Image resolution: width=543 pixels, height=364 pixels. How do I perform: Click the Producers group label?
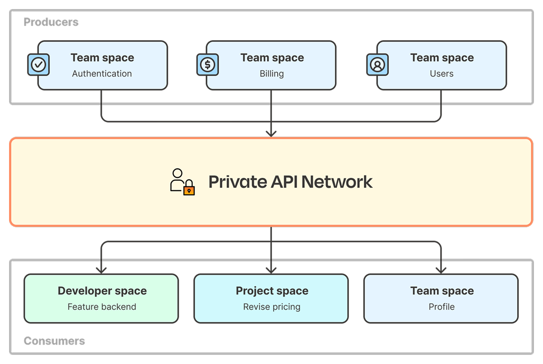(x=51, y=22)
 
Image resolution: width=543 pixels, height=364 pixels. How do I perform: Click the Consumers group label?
(x=54, y=341)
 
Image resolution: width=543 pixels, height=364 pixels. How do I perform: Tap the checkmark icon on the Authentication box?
(x=38, y=65)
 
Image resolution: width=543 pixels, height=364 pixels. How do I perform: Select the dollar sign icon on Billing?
(x=208, y=65)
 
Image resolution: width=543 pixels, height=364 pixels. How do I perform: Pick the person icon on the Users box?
(x=377, y=65)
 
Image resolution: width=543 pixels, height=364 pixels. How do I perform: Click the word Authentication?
(x=102, y=74)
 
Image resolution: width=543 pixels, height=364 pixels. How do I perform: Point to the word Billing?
(x=271, y=74)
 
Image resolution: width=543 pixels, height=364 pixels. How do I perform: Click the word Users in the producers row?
(x=441, y=74)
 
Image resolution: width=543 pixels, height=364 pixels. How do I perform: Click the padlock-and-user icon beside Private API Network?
(x=182, y=182)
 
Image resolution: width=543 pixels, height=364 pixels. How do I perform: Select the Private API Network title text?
(x=290, y=182)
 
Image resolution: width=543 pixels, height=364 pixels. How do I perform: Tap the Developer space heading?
(x=102, y=291)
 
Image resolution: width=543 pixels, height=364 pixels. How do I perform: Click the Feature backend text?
(x=102, y=307)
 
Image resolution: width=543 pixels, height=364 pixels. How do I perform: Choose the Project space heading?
(x=271, y=291)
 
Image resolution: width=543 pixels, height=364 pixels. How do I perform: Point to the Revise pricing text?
(x=271, y=307)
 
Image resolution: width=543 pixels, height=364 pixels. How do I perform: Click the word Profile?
(x=441, y=307)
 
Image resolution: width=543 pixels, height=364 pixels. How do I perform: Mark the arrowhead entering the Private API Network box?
(x=271, y=134)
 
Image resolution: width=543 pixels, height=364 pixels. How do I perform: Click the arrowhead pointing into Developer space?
(x=101, y=270)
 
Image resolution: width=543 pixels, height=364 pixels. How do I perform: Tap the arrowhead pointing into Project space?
(x=271, y=270)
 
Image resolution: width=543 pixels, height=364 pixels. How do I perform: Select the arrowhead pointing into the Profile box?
(x=441, y=270)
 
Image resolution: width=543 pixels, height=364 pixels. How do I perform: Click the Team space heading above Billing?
(x=272, y=58)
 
